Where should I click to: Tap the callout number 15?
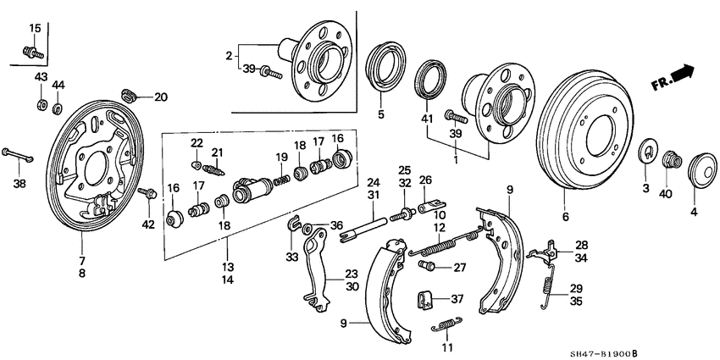35,29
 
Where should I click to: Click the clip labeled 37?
428,300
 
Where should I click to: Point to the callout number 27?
459,268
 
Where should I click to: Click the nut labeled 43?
40,105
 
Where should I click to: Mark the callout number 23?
352,274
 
